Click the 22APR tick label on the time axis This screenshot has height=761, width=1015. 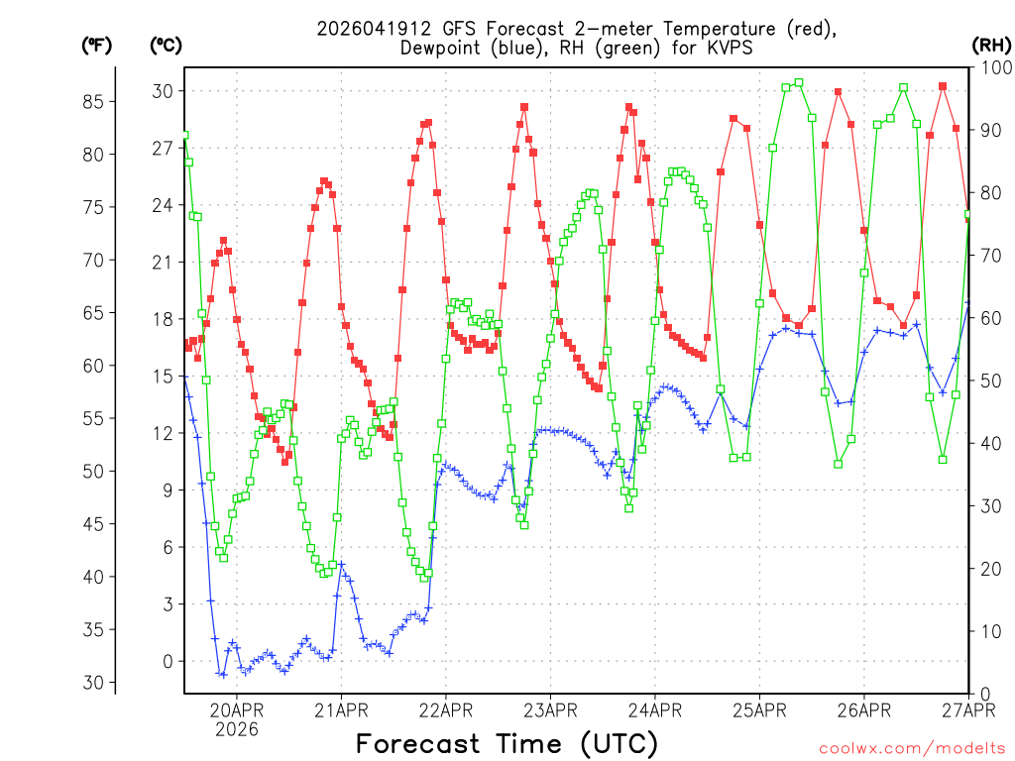[445, 709]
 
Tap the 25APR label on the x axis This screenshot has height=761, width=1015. [758, 709]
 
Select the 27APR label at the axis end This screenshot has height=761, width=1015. [967, 709]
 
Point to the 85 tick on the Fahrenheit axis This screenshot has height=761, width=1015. [94, 101]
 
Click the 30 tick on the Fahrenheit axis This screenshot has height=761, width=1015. [94, 682]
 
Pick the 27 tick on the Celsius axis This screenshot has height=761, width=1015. [161, 149]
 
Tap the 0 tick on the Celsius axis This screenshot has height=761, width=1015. [168, 661]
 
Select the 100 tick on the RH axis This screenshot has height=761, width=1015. [992, 67]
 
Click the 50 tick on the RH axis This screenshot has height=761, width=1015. [988, 380]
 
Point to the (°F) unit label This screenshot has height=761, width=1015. [96, 45]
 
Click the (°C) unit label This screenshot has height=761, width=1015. [166, 45]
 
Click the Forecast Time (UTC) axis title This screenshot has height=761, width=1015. [507, 743]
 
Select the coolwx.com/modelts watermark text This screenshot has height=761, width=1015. [912, 748]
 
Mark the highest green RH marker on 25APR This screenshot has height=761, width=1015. [799, 83]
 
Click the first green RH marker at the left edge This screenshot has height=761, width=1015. [184, 135]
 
